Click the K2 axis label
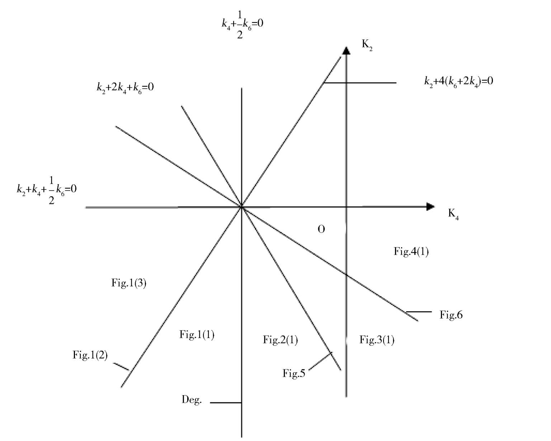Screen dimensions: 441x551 click(x=367, y=45)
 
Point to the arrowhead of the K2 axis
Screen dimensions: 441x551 click(x=346, y=51)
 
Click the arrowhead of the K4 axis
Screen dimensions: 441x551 click(x=430, y=206)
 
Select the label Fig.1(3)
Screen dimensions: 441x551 click(x=129, y=283)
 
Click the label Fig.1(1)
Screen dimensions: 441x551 click(x=197, y=335)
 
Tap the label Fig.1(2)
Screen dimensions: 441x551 click(x=90, y=355)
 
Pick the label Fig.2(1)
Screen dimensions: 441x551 click(x=280, y=340)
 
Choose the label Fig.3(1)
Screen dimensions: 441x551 click(x=377, y=340)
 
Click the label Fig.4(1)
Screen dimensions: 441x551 click(x=411, y=251)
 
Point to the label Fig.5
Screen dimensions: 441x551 click(x=294, y=374)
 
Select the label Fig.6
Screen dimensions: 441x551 click(x=451, y=315)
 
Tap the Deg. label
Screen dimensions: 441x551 click(x=192, y=400)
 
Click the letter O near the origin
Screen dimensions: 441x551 click(x=321, y=229)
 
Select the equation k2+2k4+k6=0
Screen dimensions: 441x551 click(x=125, y=87)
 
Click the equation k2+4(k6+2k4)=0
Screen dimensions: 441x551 click(x=458, y=81)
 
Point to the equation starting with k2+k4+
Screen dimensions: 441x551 click(x=47, y=189)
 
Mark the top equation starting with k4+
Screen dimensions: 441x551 click(x=242, y=24)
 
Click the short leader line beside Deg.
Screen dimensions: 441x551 click(x=226, y=403)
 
